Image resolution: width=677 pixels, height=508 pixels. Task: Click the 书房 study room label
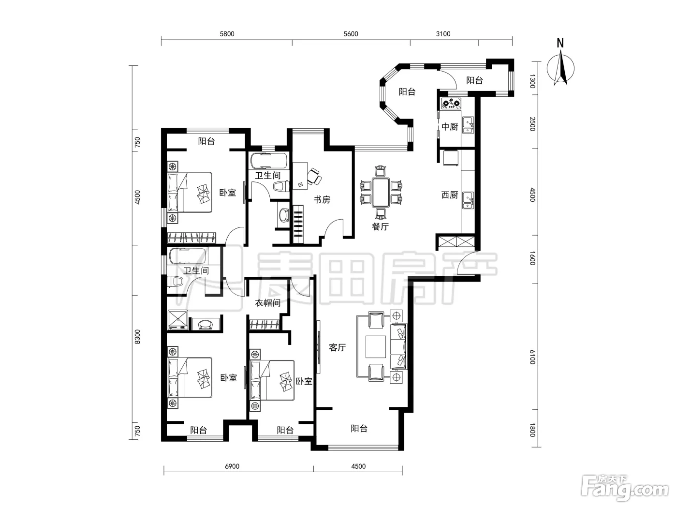pyautogui.click(x=322, y=200)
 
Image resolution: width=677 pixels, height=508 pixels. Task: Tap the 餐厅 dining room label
pyautogui.click(x=380, y=227)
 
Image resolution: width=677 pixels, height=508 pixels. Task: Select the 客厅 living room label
pyautogui.click(x=337, y=347)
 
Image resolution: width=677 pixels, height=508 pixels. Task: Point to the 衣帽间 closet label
pyautogui.click(x=268, y=303)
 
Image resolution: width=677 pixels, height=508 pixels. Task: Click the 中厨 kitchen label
pyautogui.click(x=450, y=126)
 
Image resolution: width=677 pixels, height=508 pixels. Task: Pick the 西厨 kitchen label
pyautogui.click(x=450, y=195)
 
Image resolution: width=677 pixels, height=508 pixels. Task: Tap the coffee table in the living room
pyautogui.click(x=376, y=347)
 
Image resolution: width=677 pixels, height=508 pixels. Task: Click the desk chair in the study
pyautogui.click(x=315, y=177)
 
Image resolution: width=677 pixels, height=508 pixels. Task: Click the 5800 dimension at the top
pyautogui.click(x=227, y=34)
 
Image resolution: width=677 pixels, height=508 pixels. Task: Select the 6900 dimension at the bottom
pyautogui.click(x=232, y=466)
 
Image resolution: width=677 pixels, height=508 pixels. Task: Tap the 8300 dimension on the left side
pyautogui.click(x=137, y=337)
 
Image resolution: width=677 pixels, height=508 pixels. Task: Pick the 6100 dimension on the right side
pyautogui.click(x=532, y=357)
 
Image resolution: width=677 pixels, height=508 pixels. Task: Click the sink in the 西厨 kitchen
pyautogui.click(x=468, y=200)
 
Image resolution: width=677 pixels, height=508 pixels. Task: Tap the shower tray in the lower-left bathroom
pyautogui.click(x=177, y=320)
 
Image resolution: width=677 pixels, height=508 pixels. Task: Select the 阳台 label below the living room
pyautogui.click(x=359, y=429)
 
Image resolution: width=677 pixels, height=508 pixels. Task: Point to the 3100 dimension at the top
pyautogui.click(x=443, y=34)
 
